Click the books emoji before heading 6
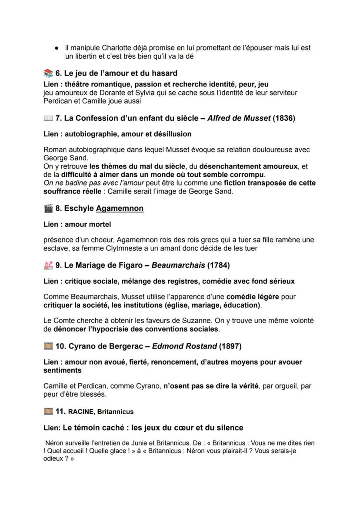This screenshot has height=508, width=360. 48,73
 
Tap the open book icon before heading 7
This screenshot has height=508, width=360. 48,118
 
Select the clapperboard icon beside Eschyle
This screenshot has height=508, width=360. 48,208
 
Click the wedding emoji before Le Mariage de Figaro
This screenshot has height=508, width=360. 48,265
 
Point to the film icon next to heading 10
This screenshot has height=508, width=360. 48,346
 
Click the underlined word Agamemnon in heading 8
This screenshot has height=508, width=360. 120,208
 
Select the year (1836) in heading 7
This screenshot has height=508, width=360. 284,118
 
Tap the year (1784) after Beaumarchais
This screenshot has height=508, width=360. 218,265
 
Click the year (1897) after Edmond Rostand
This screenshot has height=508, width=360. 230,346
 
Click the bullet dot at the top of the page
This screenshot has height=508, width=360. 57,48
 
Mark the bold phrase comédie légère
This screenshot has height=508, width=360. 253,297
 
